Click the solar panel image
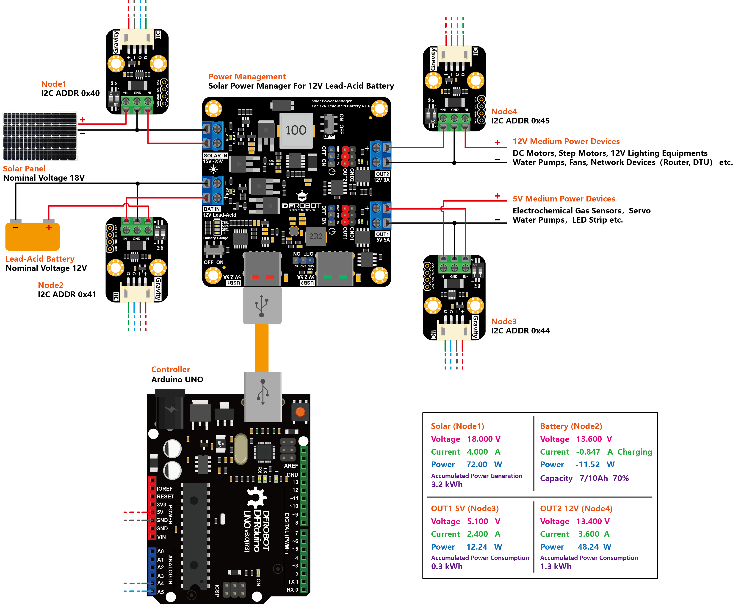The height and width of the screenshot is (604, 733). click(40, 136)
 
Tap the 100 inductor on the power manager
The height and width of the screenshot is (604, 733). click(296, 130)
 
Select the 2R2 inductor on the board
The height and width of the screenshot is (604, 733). click(315, 236)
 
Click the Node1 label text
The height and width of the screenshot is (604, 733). click(53, 84)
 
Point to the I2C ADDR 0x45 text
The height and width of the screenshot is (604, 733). click(520, 121)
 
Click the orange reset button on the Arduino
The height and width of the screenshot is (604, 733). click(300, 412)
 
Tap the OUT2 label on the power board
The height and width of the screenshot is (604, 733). click(382, 174)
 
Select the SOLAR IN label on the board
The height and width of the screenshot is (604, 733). click(215, 156)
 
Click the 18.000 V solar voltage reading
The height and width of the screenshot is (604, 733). click(484, 439)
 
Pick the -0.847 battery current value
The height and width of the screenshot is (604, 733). click(588, 452)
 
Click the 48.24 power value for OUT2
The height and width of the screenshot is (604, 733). click(588, 547)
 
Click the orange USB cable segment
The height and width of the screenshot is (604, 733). click(261, 348)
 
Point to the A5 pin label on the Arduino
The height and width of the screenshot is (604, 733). click(160, 592)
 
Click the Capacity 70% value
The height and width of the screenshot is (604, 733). click(620, 478)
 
